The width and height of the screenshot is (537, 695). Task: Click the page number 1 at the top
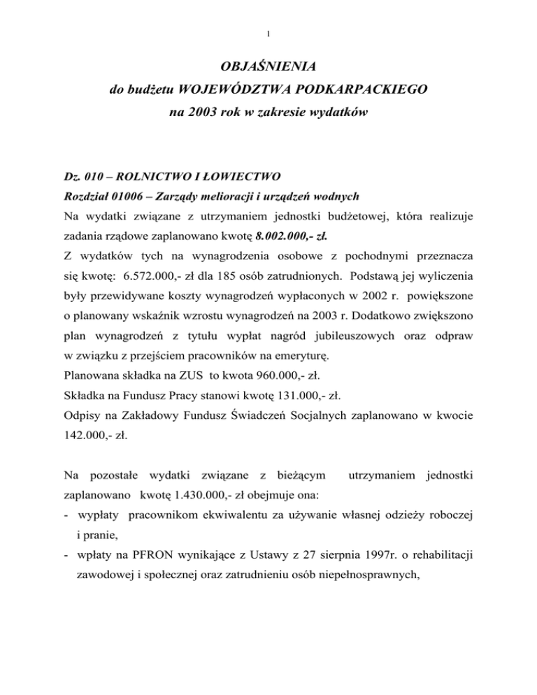[268, 32]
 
